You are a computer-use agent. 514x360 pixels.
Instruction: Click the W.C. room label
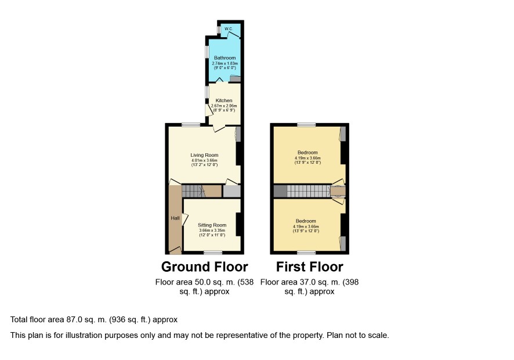[229, 29]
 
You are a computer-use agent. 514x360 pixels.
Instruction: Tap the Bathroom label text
[225, 57]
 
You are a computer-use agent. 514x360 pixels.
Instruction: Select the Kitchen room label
[224, 100]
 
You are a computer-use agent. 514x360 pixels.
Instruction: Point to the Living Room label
[204, 155]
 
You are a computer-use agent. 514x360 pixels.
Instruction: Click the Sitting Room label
[212, 225]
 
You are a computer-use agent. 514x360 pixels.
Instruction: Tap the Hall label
[175, 218]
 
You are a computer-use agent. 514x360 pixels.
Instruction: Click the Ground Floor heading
[205, 267]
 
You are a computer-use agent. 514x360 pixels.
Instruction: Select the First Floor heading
[309, 267]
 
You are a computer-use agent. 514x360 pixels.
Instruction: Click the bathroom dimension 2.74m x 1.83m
[225, 63]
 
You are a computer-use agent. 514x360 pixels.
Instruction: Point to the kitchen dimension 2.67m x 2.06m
[224, 106]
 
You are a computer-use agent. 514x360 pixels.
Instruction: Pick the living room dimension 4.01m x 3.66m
[204, 160]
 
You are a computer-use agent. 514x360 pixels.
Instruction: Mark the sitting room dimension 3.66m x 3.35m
[212, 231]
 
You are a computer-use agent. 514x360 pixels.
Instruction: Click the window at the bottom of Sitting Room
[213, 253]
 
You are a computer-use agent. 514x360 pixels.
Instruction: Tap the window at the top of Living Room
[191, 125]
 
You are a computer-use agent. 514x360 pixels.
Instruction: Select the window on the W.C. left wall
[219, 30]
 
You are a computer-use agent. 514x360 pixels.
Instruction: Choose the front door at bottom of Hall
[175, 250]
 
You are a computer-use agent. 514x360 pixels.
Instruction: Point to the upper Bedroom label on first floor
[307, 152]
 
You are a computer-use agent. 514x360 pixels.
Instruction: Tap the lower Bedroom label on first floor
[306, 221]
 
